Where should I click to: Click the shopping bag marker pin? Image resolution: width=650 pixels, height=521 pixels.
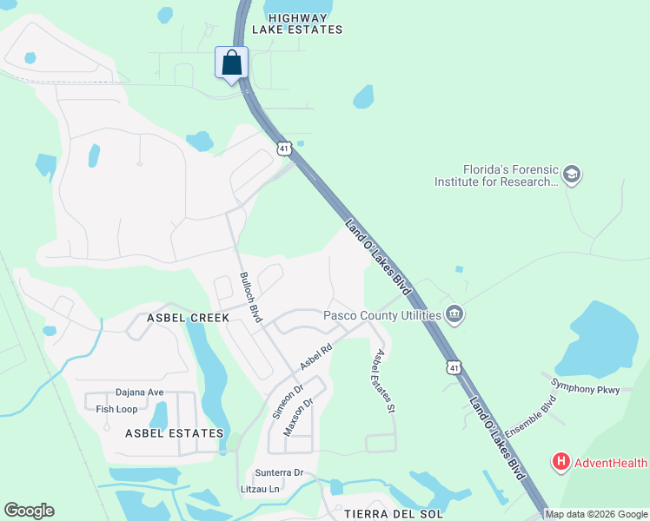click(232, 63)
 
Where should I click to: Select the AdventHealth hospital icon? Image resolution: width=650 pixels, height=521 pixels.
click(561, 462)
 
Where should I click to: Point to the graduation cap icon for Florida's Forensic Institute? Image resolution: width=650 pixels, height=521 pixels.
click(571, 175)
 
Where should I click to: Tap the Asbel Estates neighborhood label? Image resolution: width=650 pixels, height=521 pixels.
click(174, 432)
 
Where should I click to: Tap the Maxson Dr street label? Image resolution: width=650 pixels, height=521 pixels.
click(298, 418)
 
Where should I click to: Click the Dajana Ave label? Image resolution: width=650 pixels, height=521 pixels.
click(140, 392)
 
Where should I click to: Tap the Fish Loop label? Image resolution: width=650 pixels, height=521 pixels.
click(116, 409)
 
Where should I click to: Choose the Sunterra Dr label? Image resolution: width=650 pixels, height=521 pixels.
click(279, 473)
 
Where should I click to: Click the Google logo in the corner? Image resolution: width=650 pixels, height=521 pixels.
click(29, 511)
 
